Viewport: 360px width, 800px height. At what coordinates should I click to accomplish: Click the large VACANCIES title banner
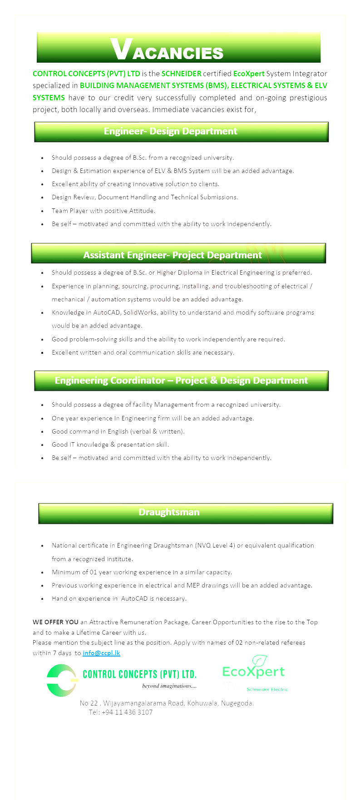click(178, 48)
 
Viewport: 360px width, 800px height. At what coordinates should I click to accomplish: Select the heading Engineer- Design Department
click(171, 132)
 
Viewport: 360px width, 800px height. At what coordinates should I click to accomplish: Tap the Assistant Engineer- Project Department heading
click(173, 255)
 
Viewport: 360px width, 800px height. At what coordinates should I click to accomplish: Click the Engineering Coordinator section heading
click(181, 380)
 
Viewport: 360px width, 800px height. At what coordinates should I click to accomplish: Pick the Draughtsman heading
click(169, 513)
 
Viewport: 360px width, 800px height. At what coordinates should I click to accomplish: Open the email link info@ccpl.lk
click(101, 653)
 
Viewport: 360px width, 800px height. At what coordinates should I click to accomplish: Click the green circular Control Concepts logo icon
click(61, 680)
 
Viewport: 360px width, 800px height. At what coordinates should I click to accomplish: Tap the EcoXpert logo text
click(253, 672)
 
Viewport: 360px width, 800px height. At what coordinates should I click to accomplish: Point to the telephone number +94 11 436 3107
click(127, 712)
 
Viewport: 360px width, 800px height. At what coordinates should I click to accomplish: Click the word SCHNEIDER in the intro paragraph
click(181, 74)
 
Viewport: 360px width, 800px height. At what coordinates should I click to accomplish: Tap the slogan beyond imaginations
click(169, 686)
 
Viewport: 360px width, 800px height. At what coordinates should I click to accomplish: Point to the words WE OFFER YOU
click(55, 622)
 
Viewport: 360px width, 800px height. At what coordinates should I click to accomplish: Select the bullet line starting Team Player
click(104, 211)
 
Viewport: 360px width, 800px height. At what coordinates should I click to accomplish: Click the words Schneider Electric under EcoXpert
click(267, 689)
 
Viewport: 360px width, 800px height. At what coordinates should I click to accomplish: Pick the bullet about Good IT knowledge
click(110, 444)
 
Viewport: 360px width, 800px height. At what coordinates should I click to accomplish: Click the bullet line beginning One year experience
click(153, 418)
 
